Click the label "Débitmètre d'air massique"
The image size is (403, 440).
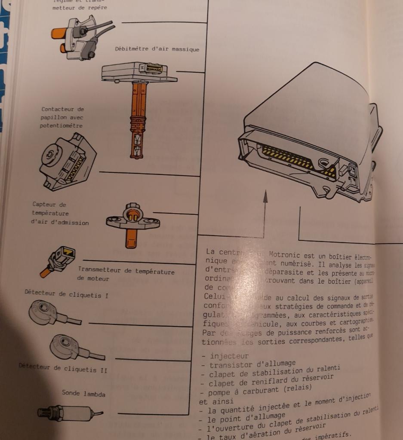tap(157, 49)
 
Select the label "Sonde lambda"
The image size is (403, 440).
tap(83, 393)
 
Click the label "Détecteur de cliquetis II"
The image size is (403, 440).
tap(63, 368)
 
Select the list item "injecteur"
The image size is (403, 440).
tap(229, 356)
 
